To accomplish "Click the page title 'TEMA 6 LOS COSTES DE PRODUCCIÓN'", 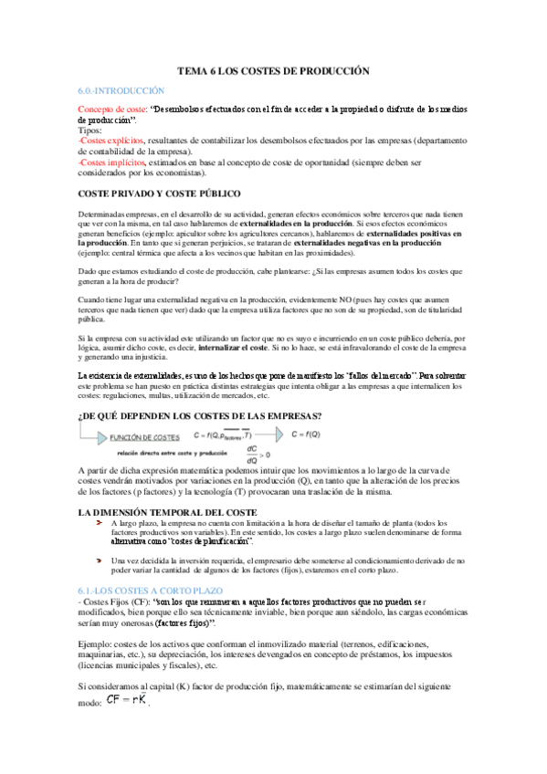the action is click(273, 70).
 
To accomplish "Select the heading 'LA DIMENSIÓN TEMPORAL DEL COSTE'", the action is click(167, 513).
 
